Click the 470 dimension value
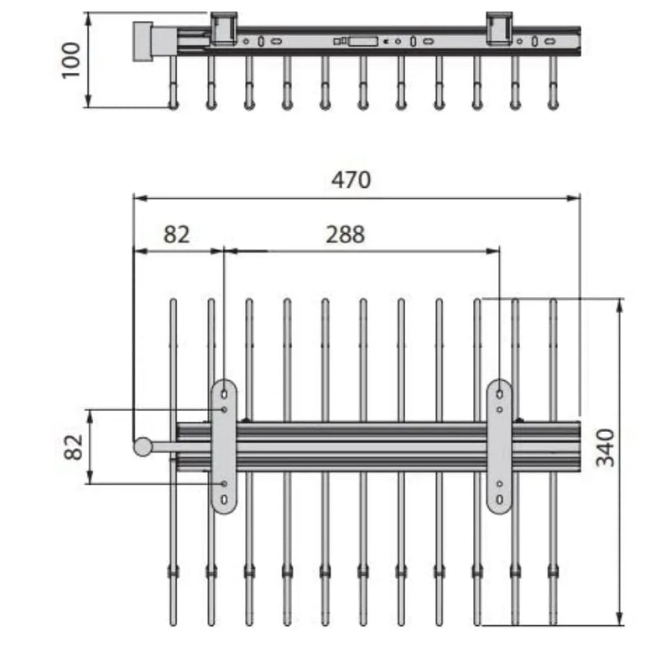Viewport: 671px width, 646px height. (351, 180)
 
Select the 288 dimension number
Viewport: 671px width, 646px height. (346, 235)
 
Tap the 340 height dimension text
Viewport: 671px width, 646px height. (606, 448)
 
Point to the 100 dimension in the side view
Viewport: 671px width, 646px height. (71, 60)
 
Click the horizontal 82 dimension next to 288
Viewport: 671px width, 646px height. (176, 235)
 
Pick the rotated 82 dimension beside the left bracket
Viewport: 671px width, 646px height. (74, 447)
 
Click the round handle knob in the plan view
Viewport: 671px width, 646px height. (143, 447)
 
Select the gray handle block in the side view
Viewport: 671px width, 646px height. (143, 41)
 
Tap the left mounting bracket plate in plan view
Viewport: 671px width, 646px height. (224, 446)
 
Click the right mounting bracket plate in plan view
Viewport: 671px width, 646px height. (499, 446)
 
